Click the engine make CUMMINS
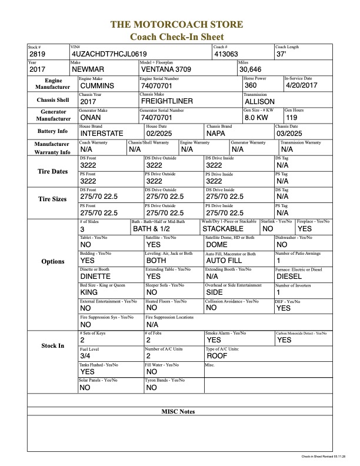click(x=101, y=85)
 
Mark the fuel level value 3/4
click(x=86, y=356)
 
